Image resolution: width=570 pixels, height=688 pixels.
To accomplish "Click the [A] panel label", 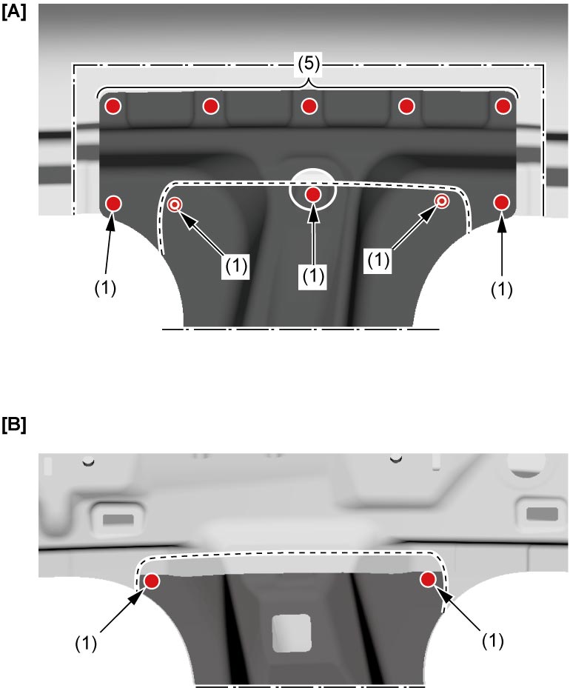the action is (x=13, y=12).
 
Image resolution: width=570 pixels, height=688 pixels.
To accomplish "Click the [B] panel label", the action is (x=13, y=425).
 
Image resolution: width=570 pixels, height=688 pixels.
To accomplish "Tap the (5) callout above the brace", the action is (x=309, y=64).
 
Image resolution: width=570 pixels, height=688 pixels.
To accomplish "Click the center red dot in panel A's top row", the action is (x=309, y=106).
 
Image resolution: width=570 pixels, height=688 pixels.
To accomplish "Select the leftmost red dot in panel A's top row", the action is (x=113, y=106).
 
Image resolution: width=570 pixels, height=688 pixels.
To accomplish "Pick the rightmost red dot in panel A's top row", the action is (x=503, y=106).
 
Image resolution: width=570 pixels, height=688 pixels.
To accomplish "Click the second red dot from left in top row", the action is (x=211, y=106).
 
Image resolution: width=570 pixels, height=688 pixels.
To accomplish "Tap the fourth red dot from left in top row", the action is (x=406, y=106).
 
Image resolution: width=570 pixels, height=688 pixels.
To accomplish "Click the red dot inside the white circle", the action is (x=312, y=194).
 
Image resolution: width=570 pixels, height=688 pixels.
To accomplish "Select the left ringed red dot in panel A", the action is (x=175, y=204).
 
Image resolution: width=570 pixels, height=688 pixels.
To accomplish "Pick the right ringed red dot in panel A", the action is (x=442, y=201).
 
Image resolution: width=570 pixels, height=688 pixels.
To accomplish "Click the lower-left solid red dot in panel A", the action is (x=113, y=203).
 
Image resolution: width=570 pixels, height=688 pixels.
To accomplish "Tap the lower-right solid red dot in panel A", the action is (x=501, y=202).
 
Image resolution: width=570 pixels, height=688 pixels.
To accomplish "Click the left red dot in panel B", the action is (x=152, y=581).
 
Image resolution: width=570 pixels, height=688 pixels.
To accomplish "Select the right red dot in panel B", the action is (x=428, y=579).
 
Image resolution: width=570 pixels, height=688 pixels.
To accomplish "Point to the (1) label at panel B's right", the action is (x=493, y=641).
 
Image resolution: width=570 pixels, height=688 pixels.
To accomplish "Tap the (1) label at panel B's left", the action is (x=86, y=644).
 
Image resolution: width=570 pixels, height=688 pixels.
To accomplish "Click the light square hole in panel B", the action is (x=292, y=633).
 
